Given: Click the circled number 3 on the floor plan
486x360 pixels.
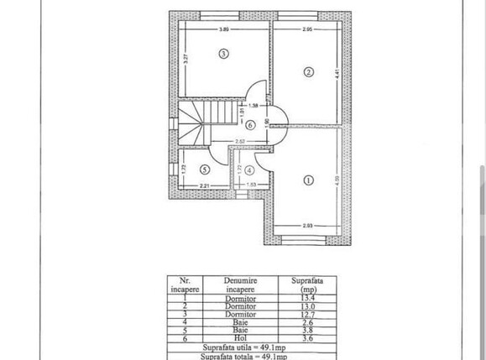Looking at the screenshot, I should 222,55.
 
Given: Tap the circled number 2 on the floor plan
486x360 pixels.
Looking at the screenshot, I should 308,72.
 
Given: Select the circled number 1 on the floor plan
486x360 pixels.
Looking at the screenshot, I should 308,179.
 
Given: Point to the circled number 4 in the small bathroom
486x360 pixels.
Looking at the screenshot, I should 249,170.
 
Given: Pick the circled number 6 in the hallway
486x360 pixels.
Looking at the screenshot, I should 238,125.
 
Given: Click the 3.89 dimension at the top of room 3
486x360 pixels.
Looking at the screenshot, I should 224,29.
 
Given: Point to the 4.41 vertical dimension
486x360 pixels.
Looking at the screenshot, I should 337,74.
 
